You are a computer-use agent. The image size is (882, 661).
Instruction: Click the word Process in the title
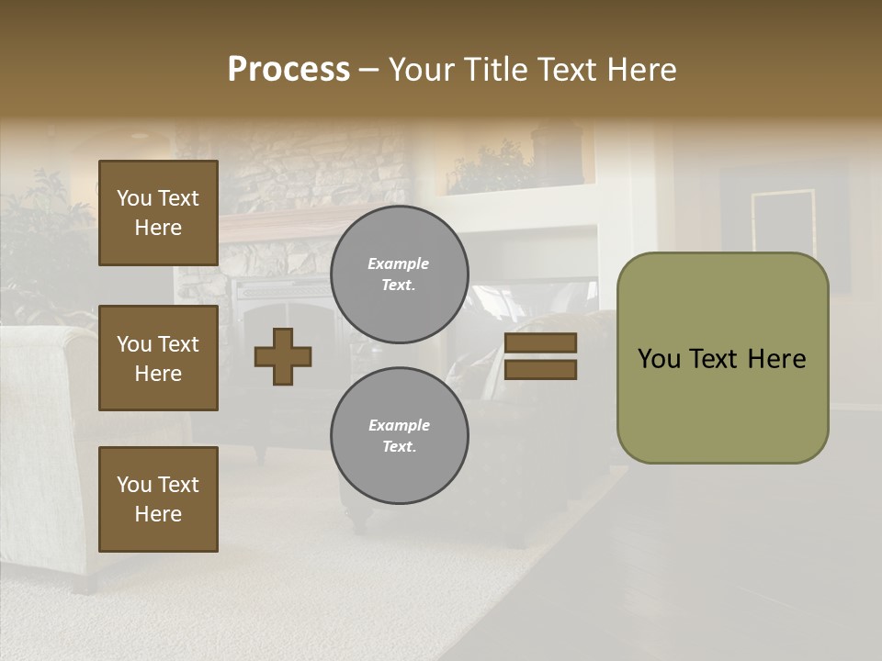(288, 70)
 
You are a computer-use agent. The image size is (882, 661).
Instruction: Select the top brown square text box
(158, 213)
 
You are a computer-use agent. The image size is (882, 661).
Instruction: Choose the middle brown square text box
(158, 358)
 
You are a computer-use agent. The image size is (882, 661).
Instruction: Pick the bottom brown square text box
(158, 499)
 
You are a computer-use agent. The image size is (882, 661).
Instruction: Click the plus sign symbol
(283, 356)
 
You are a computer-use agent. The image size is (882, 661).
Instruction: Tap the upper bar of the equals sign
(541, 342)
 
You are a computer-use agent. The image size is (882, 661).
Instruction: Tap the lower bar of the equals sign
(541, 369)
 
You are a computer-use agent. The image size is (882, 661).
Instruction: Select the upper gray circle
(399, 274)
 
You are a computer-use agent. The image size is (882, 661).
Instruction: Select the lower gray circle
(399, 435)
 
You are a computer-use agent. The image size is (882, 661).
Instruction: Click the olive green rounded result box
(722, 404)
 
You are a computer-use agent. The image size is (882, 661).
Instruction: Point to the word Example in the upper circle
(399, 263)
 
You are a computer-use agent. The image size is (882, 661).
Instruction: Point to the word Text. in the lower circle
(399, 446)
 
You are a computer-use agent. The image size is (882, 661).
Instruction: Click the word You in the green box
(660, 359)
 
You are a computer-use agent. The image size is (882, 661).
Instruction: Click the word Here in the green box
(776, 359)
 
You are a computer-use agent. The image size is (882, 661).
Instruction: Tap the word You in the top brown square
(134, 198)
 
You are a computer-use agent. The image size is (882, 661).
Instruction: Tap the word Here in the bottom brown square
(158, 514)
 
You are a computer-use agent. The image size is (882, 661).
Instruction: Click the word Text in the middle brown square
(178, 344)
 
